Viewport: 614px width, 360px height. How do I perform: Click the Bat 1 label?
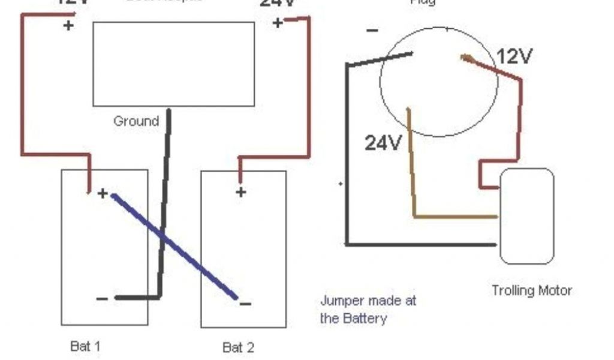pos(85,346)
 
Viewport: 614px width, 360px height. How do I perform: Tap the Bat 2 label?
pos(238,347)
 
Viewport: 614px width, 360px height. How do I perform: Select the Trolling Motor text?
pos(532,290)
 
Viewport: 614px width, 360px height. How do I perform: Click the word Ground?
pos(136,121)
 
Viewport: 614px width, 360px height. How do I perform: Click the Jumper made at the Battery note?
pos(368,309)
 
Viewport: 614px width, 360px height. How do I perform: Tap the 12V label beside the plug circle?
pos(514,57)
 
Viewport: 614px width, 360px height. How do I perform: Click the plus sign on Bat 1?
pos(103,193)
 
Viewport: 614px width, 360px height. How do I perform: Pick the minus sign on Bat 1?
pos(102,298)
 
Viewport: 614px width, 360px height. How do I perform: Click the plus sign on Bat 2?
pos(240,192)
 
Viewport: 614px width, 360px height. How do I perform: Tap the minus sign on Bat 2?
pos(245,303)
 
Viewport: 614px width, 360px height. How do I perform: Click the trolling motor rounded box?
pos(526,216)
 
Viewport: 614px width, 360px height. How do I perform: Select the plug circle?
pos(439,82)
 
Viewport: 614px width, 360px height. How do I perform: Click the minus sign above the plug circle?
pos(372,30)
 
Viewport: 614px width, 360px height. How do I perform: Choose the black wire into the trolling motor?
pos(420,244)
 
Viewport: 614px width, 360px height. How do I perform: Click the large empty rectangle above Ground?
pos(173,64)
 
